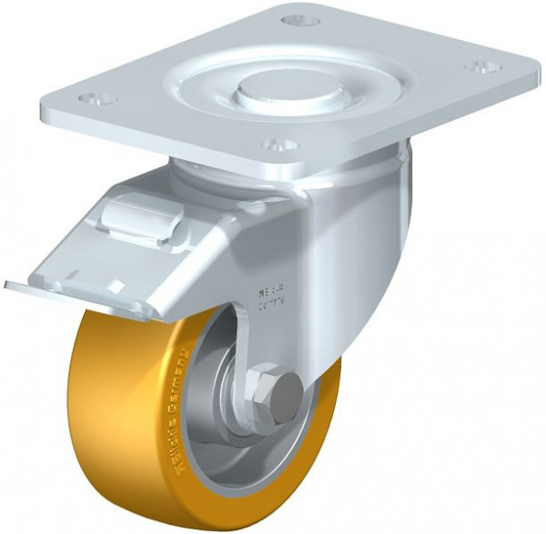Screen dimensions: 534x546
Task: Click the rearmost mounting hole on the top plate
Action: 297,20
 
